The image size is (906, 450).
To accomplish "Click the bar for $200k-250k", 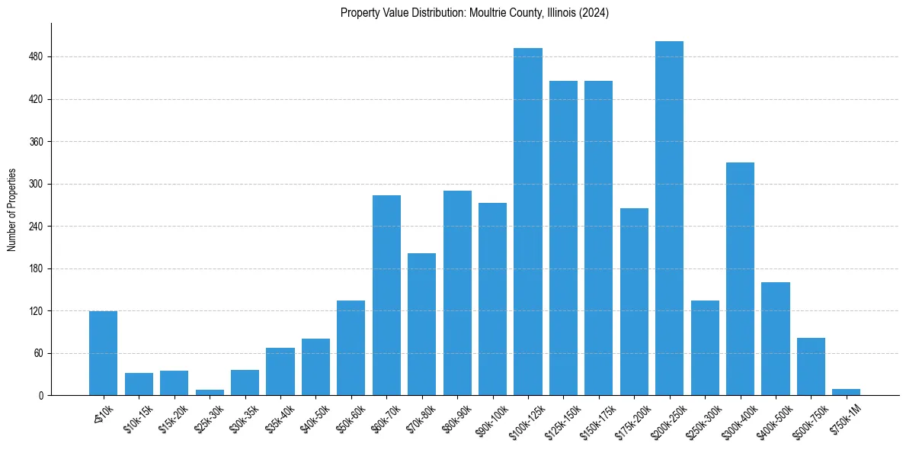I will pos(669,218).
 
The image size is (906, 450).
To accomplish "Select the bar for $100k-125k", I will pos(527,221).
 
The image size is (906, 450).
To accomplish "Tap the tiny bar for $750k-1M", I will pos(846,392).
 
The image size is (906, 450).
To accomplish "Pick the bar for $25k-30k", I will pos(210,393).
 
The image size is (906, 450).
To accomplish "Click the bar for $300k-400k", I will pos(740,278).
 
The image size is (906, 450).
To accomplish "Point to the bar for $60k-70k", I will pos(386,295).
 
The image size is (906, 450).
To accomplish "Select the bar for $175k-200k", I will pos(634,301).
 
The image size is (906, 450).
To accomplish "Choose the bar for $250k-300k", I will pos(705,348).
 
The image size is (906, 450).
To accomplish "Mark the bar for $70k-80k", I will pos(421,324).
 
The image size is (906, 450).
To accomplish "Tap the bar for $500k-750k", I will pos(811,366).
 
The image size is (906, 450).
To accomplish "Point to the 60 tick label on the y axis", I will pos(38,354).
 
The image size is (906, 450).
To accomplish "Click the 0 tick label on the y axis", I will pos(41,396).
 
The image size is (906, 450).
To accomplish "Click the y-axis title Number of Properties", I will pos(11,210).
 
